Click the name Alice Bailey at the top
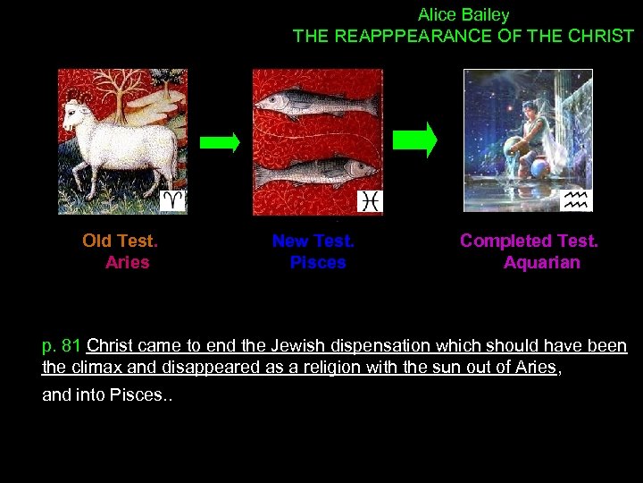[x=463, y=15]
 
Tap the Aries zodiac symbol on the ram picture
[x=173, y=200]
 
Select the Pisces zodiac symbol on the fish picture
[x=369, y=201]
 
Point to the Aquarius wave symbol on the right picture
[x=576, y=199]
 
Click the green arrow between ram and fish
[x=219, y=142]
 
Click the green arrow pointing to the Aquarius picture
[x=414, y=140]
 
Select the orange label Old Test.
[x=120, y=241]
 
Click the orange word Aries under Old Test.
[x=127, y=263]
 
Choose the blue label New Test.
[x=313, y=241]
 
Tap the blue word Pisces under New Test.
[x=318, y=263]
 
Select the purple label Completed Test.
[x=529, y=241]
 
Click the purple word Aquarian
[x=541, y=263]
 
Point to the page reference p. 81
[x=62, y=345]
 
